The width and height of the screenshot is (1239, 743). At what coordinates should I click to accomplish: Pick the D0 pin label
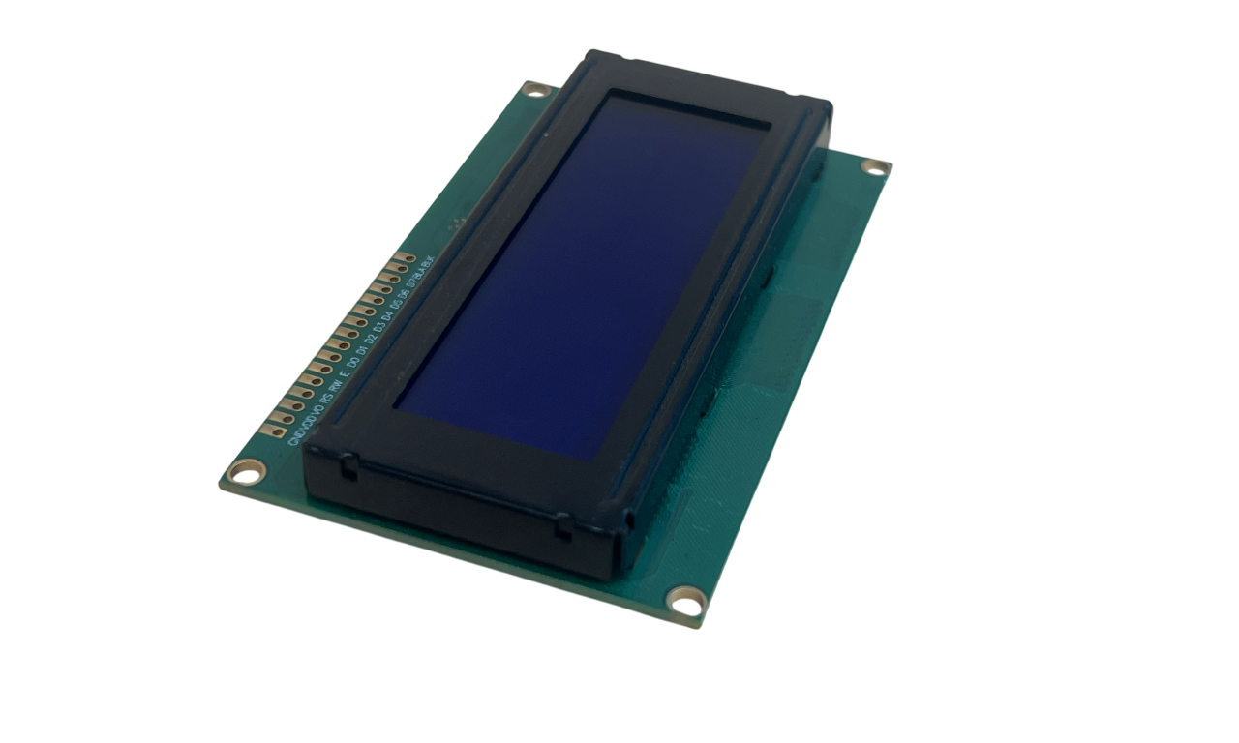[x=354, y=358]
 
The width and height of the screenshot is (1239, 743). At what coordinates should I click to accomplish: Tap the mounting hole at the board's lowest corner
[x=686, y=602]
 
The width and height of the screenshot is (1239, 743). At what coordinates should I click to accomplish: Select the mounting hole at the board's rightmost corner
[x=875, y=166]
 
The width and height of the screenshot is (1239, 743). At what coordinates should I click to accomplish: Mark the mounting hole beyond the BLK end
[x=534, y=89]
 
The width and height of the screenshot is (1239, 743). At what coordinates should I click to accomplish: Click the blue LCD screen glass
[x=581, y=271]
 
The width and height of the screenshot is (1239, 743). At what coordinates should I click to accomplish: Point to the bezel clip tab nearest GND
[x=345, y=468]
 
